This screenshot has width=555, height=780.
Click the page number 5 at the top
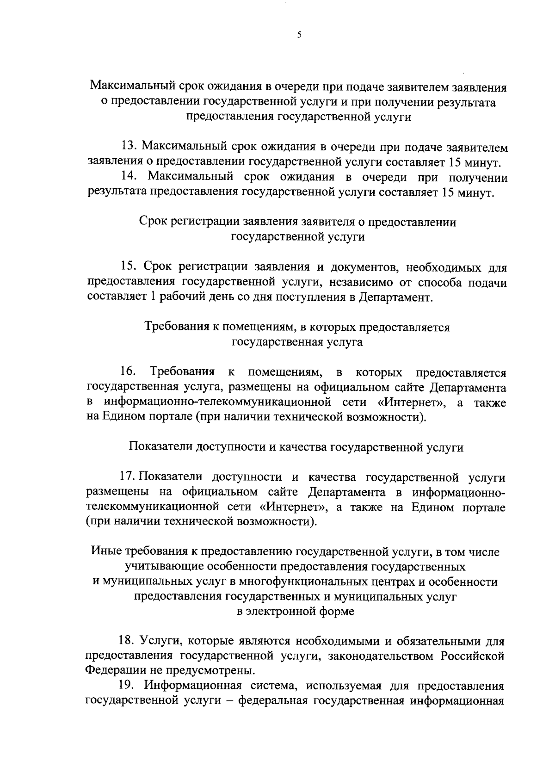tap(299, 35)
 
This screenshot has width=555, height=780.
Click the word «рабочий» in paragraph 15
tap(182, 297)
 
